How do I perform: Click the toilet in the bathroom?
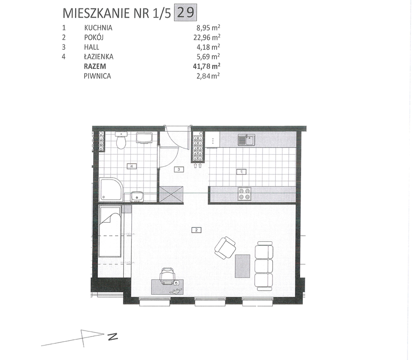pyautogui.click(x=121, y=140)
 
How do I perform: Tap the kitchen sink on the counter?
pyautogui.click(x=246, y=140)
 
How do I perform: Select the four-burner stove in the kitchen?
pyautogui.click(x=244, y=194)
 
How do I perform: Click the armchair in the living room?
pyautogui.click(x=225, y=247)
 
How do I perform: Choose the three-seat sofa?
pyautogui.click(x=264, y=265)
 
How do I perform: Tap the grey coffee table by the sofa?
pyautogui.click(x=242, y=266)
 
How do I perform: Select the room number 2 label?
pyautogui.click(x=197, y=230)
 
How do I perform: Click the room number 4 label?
pyautogui.click(x=132, y=166)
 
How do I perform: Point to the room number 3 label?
pyautogui.click(x=178, y=169)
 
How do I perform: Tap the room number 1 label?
pyautogui.click(x=241, y=172)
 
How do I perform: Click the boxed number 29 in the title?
pyautogui.click(x=185, y=13)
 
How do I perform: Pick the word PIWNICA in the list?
pyautogui.click(x=98, y=76)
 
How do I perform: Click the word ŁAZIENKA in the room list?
pyautogui.click(x=98, y=56)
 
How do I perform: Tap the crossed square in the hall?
pyautogui.click(x=171, y=194)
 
